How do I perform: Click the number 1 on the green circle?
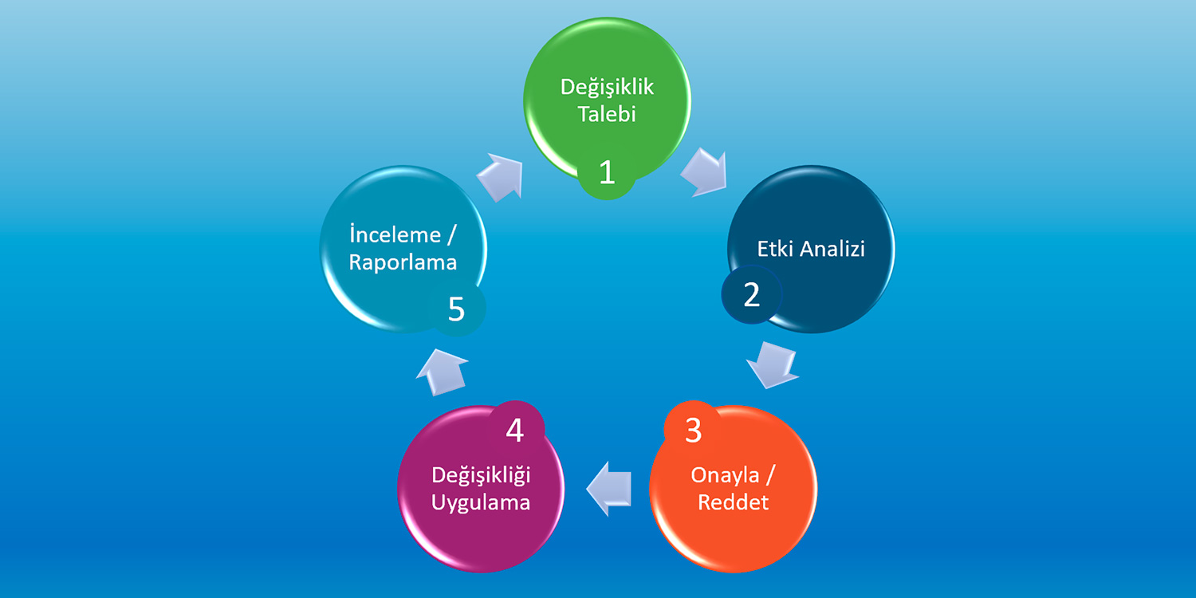607,172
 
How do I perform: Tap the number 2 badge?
752,295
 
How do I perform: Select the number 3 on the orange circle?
693,431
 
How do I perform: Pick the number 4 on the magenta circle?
515,431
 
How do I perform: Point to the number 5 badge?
457,309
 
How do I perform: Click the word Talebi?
607,114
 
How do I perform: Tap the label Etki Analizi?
811,249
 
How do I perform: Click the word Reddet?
733,502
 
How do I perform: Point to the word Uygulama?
481,503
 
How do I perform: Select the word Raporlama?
403,263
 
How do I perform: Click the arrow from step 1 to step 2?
706,172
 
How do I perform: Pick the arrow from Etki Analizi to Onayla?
773,365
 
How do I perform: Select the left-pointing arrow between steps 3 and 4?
609,489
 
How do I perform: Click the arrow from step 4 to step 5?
442,372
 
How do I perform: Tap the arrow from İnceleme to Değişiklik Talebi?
500,177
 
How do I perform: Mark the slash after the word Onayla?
770,474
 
